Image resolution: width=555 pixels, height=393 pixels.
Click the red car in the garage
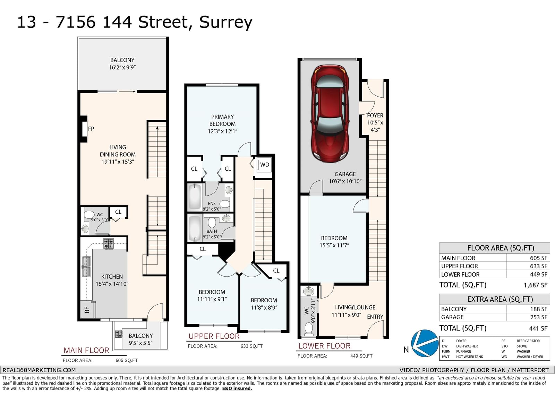330,114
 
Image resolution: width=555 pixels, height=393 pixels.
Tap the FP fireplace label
91,129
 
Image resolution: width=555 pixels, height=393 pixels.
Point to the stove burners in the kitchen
108,244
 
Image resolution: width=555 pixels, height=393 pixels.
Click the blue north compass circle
425,343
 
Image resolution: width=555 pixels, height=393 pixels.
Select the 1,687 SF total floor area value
536,285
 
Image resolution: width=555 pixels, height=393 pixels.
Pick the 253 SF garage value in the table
539,317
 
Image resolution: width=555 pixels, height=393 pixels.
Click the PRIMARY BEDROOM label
222,121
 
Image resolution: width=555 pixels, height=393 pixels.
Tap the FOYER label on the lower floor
375,115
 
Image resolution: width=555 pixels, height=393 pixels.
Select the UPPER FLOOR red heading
214,336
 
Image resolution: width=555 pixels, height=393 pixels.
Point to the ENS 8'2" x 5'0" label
212,206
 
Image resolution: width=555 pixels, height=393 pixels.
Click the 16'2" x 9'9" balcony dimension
122,67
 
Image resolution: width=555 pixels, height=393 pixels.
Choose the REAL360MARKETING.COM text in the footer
39,370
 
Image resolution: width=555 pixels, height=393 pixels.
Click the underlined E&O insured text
237,388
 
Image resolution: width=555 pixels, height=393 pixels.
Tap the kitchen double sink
86,267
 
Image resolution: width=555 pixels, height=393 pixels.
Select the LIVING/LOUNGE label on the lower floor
355,308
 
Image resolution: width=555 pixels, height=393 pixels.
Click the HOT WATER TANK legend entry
470,357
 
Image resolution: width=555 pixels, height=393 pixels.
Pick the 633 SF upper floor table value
539,266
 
